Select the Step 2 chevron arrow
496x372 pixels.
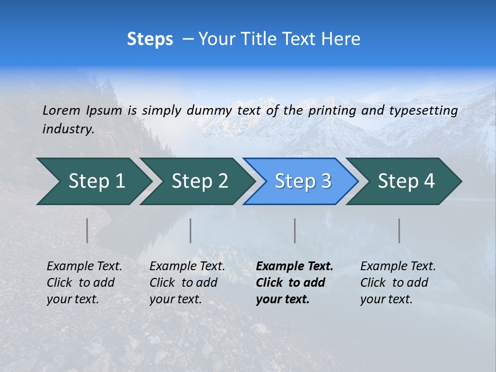(x=199, y=181)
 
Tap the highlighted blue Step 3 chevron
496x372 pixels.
(x=302, y=181)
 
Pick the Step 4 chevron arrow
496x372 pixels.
(x=406, y=181)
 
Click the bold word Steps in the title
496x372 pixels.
(x=150, y=39)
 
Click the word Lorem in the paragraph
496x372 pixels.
(x=61, y=111)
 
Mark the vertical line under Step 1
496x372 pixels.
(x=87, y=230)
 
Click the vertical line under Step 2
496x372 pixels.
(x=191, y=230)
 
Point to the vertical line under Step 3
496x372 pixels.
(x=295, y=230)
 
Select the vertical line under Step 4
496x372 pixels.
(x=399, y=230)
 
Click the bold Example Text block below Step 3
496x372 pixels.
(x=294, y=283)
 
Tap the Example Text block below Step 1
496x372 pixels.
(x=84, y=283)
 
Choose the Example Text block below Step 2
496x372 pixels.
(x=187, y=283)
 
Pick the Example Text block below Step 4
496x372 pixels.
(x=398, y=283)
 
